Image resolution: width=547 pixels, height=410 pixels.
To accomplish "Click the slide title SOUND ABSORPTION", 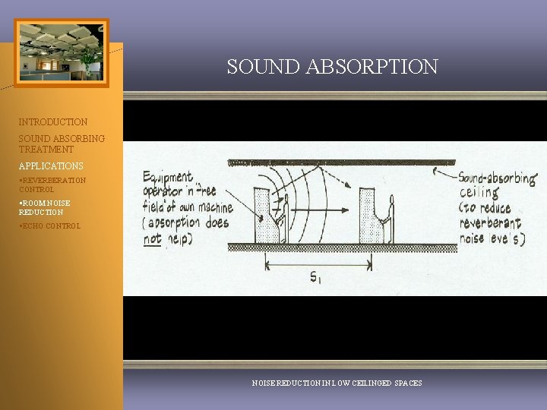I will pos(332,67).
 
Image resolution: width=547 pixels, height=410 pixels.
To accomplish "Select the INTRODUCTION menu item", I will pos(53,121).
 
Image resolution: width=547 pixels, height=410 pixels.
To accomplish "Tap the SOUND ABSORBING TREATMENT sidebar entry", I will pos(62,144).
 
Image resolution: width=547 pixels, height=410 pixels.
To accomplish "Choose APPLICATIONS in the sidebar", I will pos(51,166).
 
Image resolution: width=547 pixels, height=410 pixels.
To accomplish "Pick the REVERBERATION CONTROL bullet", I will pos(52,184).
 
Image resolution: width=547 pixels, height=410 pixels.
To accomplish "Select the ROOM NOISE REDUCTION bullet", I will pos(45,207).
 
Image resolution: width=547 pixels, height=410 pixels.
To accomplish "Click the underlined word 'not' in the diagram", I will pos(152,240).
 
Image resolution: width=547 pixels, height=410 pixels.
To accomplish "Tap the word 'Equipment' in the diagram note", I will pos(168,178).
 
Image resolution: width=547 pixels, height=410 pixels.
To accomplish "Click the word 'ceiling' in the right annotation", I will pos(479,194).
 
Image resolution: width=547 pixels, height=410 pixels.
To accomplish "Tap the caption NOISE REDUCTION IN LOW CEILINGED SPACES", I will pos(337,383).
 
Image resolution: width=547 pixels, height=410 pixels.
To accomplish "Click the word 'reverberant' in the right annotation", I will pos(490,223).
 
